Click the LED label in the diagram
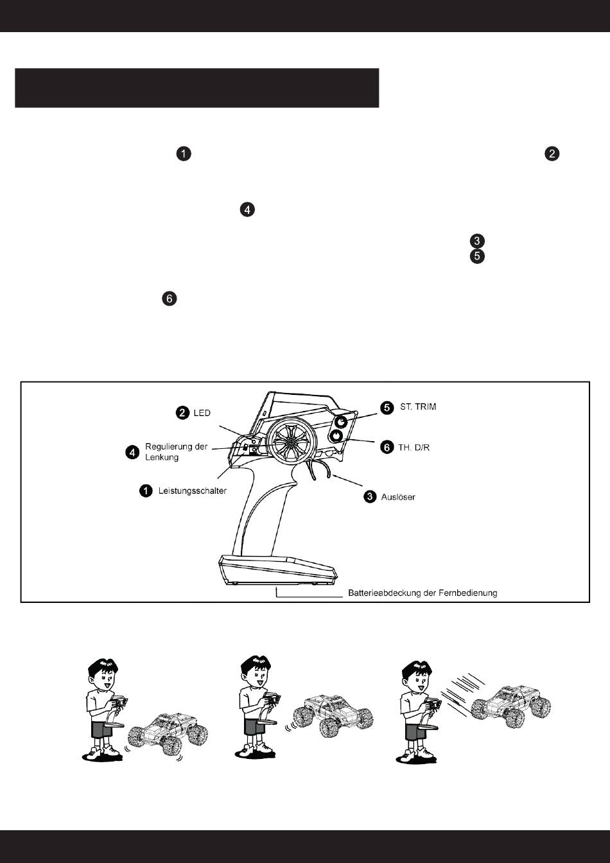[x=202, y=413]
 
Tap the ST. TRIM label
[x=418, y=408]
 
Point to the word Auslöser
[x=398, y=497]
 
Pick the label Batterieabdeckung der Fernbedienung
[x=423, y=593]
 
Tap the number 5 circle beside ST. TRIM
[x=387, y=408]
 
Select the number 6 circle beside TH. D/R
[x=387, y=447]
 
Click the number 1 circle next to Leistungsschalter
[x=146, y=491]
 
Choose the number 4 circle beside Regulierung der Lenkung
[x=132, y=453]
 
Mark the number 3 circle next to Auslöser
[x=370, y=497]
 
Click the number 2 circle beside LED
[x=183, y=413]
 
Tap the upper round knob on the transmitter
[x=342, y=422]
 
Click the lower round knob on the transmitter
[x=335, y=437]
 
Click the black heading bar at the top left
[x=196, y=88]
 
